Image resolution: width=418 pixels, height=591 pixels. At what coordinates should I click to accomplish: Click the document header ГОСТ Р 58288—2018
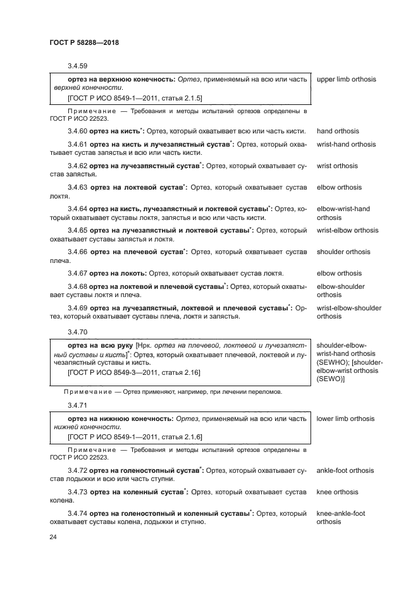[x=83, y=42]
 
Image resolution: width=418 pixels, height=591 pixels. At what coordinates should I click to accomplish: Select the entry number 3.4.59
[x=78, y=66]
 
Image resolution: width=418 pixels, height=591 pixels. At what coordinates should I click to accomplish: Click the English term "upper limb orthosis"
[x=346, y=80]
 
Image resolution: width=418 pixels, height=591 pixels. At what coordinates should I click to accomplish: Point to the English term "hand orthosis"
[x=338, y=131]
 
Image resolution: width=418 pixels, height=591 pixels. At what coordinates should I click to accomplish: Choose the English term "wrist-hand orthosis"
[x=346, y=144]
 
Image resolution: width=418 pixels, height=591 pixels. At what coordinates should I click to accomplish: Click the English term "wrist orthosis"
[x=337, y=166]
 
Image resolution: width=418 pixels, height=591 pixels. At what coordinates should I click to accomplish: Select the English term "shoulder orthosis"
[x=343, y=252]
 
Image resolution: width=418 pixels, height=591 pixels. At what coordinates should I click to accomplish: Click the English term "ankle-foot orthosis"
[x=345, y=470]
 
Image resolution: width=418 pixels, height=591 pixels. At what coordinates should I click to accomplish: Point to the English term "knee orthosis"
[x=337, y=492]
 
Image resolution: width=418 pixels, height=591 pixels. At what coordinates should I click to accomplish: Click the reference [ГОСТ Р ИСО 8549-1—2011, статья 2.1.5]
[x=134, y=99]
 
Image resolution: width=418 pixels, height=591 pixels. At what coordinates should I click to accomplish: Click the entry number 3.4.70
[x=78, y=331]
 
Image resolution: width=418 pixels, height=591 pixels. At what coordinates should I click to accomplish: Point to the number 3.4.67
[x=78, y=274]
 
